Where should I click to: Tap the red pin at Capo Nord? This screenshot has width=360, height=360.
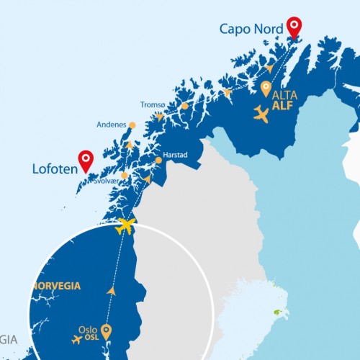(x=294, y=27)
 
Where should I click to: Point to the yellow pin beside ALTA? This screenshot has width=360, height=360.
(x=266, y=89)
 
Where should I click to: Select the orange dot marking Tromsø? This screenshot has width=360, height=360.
(x=185, y=106)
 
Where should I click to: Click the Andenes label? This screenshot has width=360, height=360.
(x=112, y=125)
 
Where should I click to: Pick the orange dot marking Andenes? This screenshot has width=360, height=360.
(x=132, y=125)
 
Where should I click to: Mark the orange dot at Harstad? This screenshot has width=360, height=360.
(x=158, y=160)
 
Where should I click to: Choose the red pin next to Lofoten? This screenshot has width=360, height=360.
(x=87, y=160)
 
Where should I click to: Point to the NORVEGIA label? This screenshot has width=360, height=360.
(x=56, y=286)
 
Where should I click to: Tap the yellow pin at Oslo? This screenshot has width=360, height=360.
(x=107, y=331)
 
